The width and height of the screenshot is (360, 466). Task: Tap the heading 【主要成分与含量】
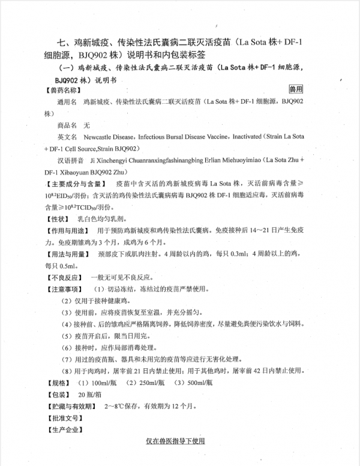pyautogui.click(x=74, y=182)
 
